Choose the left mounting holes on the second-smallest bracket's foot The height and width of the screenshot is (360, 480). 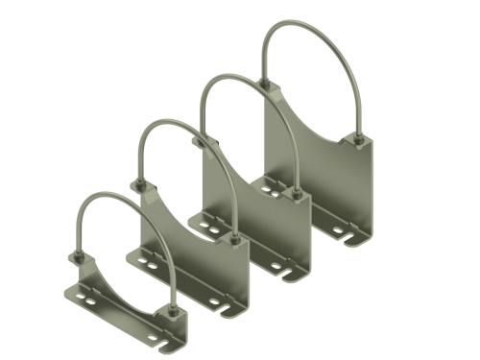tap(148, 259)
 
